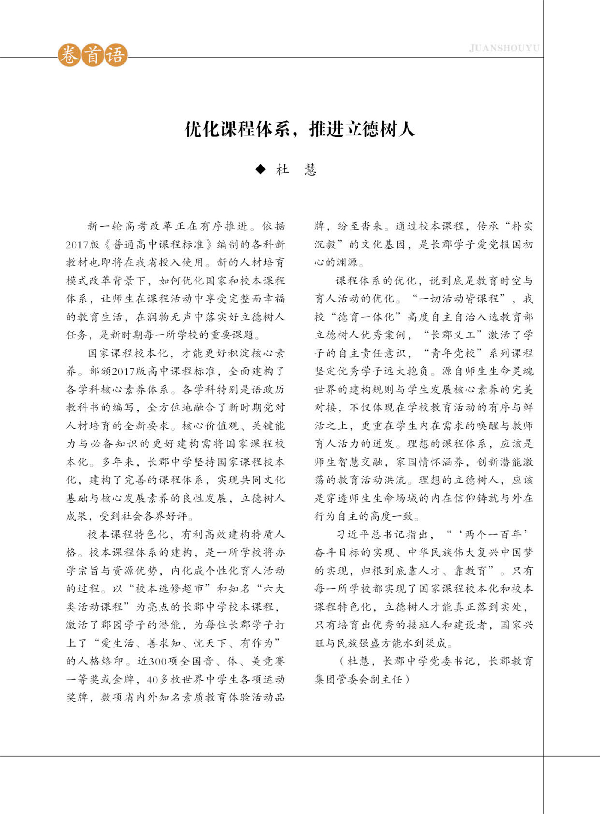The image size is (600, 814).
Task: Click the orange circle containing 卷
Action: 69,56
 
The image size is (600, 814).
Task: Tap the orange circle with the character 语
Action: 116,56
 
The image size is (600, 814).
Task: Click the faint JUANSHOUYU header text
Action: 504,48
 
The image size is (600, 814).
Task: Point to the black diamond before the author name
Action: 260,169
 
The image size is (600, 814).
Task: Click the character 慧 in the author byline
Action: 310,170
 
